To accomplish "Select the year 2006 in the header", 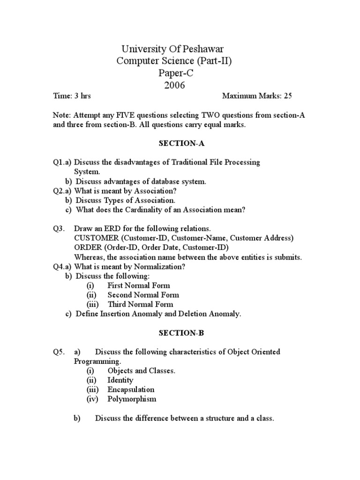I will click(x=174, y=85).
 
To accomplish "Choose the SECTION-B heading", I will click(x=174, y=333).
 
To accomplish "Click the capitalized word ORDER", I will click(x=87, y=247).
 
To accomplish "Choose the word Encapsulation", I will click(x=131, y=390).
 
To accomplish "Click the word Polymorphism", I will click(x=132, y=399).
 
